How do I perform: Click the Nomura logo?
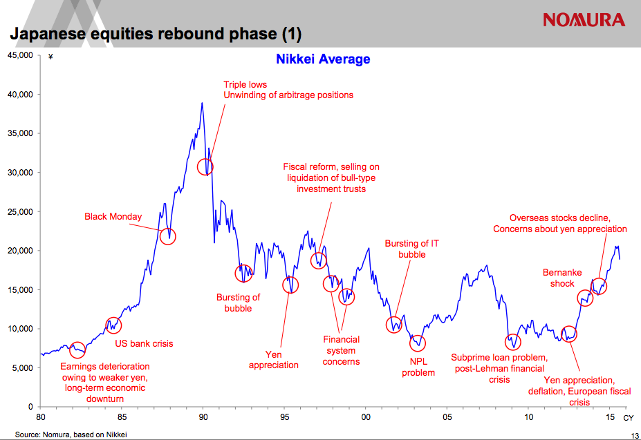point(584,19)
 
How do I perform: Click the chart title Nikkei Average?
point(323,59)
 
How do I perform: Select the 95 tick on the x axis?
point(284,417)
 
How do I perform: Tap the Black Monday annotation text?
point(113,216)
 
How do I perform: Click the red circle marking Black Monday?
point(168,236)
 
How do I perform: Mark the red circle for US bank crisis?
point(113,325)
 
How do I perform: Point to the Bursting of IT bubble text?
point(411,249)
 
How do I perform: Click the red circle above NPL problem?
point(418,343)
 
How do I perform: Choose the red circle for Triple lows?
point(205,166)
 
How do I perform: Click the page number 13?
point(634,434)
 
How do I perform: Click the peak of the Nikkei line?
point(202,103)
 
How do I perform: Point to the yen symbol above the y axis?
point(50,57)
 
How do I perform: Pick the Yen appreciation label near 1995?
point(274,359)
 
